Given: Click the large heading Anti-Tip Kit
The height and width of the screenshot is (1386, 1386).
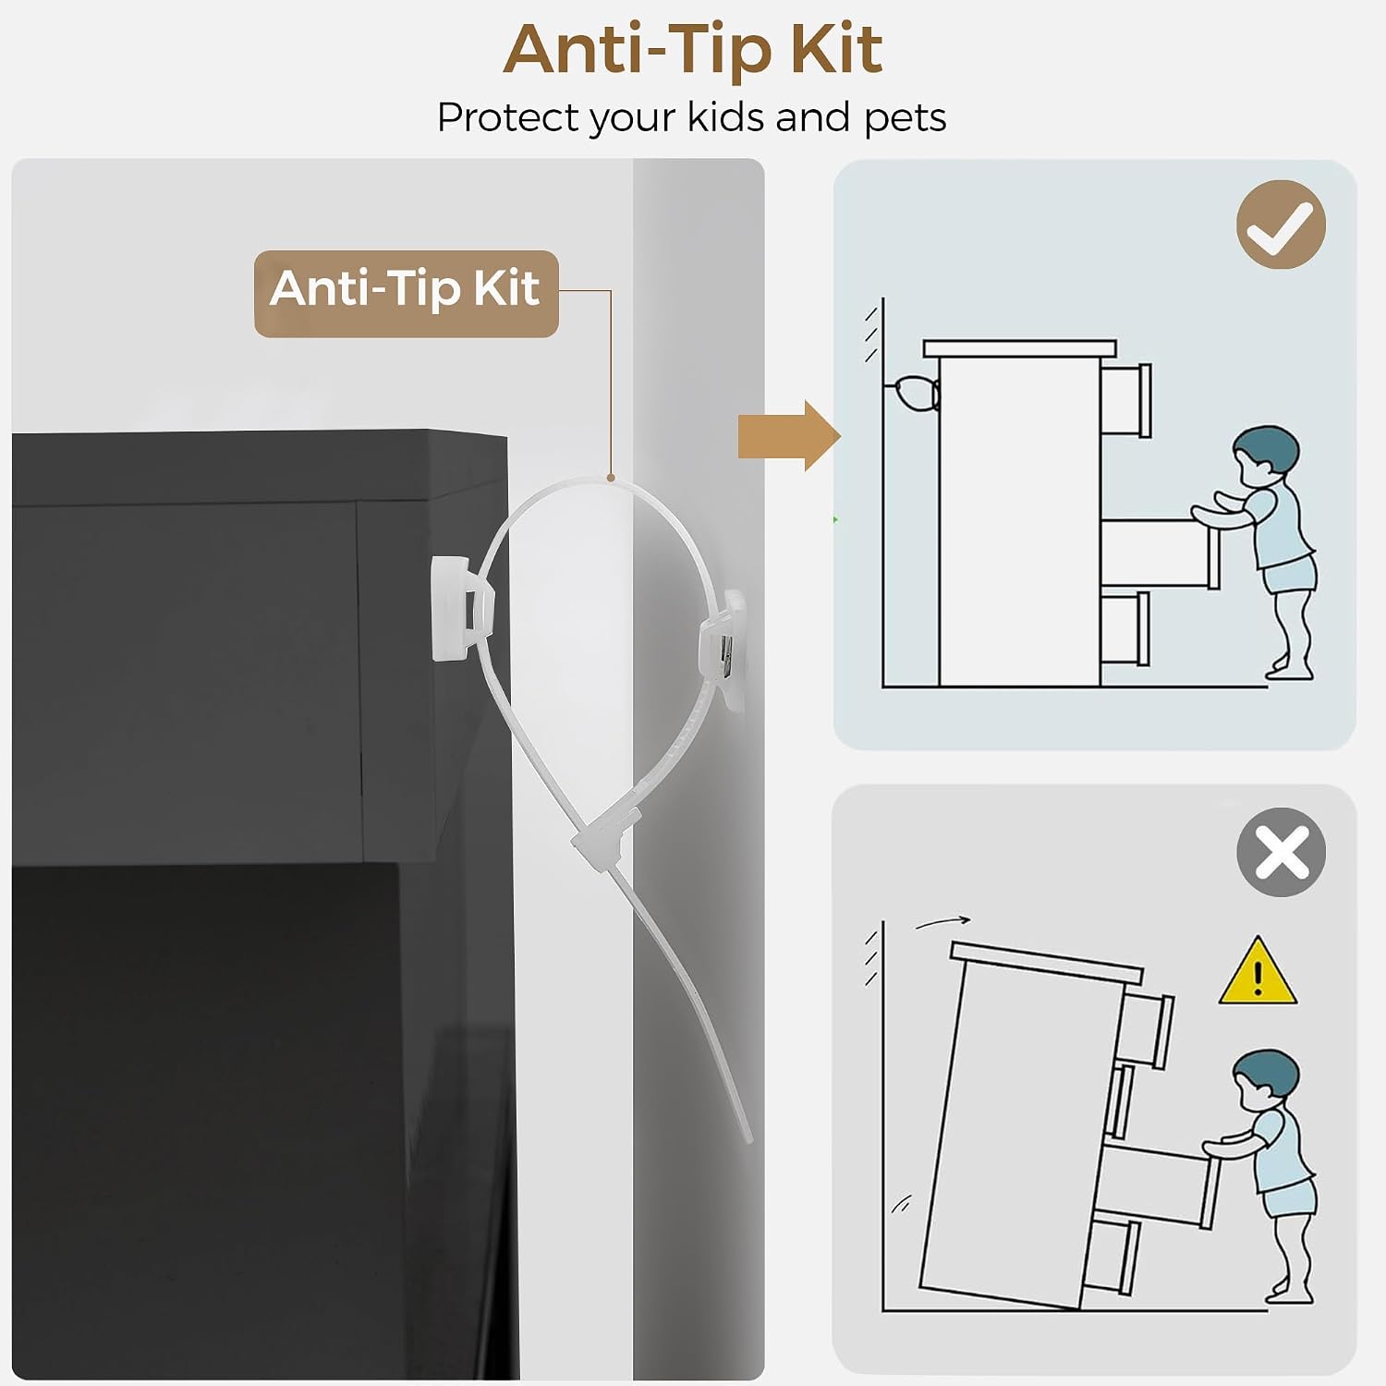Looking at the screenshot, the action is coord(693,50).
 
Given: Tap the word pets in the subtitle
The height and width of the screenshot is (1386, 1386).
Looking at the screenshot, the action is coord(905,118).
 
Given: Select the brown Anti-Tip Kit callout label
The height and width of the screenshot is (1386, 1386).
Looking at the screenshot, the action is coord(407,293).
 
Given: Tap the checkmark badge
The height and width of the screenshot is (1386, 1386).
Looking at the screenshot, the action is coord(1281,225).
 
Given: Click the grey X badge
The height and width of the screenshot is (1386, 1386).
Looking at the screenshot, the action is coord(1281,851).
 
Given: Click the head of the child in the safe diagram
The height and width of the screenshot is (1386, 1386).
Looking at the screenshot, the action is coord(1265,453).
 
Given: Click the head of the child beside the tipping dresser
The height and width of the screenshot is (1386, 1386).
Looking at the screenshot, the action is coord(1265,1077).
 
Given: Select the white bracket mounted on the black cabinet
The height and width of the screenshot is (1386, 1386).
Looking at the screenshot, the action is coord(462,607).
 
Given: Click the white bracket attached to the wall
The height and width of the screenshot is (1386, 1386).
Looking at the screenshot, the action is coord(723,651).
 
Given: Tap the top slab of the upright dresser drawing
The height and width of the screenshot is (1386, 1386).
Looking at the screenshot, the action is coord(1020,348).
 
